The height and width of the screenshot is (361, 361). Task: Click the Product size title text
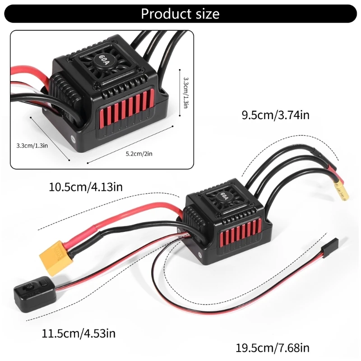coord(180,14)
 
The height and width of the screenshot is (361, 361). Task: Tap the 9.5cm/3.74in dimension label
coord(275,115)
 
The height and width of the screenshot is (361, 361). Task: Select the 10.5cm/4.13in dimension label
coord(86,185)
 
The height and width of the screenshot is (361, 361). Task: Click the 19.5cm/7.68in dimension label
coord(273,348)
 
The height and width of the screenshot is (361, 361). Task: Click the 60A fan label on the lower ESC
coord(224,196)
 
